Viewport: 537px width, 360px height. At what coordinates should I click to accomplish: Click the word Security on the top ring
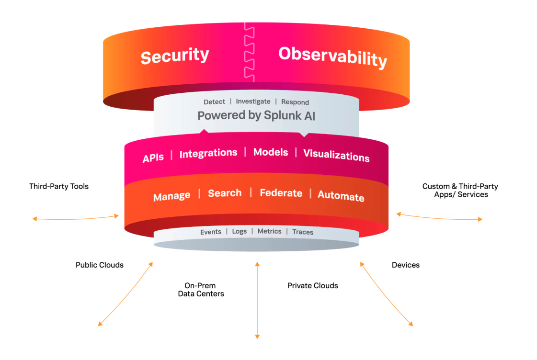[174, 56]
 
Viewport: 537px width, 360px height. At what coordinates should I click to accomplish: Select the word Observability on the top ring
[332, 57]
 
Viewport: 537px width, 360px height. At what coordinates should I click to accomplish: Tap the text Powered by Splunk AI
[256, 115]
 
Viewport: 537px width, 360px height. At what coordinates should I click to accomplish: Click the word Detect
[214, 102]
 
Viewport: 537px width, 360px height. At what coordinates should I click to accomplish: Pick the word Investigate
[253, 101]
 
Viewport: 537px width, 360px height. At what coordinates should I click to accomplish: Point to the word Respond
[295, 102]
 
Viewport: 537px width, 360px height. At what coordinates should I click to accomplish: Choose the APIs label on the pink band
[153, 157]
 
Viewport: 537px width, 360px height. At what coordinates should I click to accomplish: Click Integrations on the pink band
[208, 153]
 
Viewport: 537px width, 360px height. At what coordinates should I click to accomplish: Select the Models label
[271, 152]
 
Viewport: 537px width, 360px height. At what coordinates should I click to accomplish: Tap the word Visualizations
[336, 156]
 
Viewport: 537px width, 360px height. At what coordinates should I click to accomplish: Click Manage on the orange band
[171, 196]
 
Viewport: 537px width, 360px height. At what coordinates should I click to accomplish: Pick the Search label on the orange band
[225, 193]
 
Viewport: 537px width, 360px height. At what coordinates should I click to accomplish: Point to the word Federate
[281, 193]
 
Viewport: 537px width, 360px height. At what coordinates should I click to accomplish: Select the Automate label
[341, 196]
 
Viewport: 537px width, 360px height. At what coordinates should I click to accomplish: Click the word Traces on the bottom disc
[303, 232]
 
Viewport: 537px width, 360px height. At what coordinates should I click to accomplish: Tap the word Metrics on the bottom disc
[269, 231]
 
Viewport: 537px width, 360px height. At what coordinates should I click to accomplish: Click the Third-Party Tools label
[59, 186]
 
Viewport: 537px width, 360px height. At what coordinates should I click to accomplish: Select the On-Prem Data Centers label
[201, 290]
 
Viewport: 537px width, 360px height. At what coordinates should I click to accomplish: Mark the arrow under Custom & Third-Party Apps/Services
[439, 217]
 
